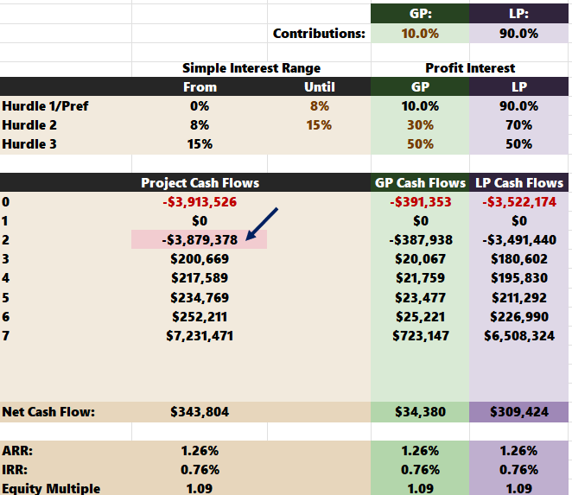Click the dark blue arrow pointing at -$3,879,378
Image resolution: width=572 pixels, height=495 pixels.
[x=262, y=225]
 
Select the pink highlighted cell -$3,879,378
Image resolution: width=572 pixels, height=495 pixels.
[x=200, y=239]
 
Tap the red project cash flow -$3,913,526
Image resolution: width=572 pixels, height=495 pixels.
[x=200, y=202]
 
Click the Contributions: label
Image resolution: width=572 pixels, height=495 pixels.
[x=319, y=34]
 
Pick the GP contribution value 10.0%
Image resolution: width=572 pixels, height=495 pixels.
[x=420, y=34]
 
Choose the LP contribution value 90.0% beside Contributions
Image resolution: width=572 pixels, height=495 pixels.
[x=518, y=34]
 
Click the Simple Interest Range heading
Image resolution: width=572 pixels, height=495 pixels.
[x=251, y=68]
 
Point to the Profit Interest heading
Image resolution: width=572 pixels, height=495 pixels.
[x=470, y=68]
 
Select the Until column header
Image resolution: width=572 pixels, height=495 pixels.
[x=320, y=87]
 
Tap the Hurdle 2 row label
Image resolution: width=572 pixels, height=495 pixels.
[x=29, y=125]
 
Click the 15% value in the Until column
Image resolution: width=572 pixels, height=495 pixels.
[x=319, y=125]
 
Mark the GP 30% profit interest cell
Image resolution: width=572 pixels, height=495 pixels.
[x=420, y=125]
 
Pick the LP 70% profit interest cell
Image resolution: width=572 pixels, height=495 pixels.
[x=518, y=125]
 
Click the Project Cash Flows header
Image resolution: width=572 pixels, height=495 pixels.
[x=200, y=183]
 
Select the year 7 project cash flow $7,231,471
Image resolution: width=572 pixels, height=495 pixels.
[x=200, y=335]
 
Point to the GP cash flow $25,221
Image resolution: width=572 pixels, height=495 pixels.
[x=420, y=317]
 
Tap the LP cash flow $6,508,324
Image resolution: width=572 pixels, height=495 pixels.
[x=519, y=335]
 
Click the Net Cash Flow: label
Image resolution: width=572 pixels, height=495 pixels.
[x=48, y=412]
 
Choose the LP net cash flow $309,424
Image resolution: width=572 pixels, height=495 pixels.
[x=519, y=412]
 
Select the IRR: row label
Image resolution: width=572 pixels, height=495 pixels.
[x=15, y=469]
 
